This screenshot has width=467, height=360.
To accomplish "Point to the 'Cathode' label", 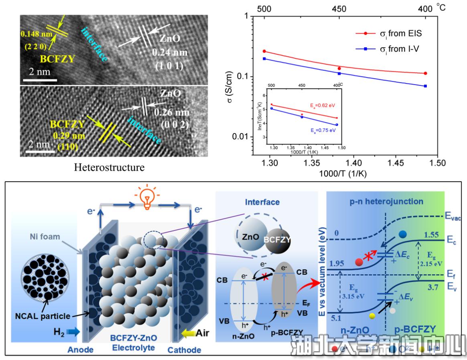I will coord(184,350).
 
